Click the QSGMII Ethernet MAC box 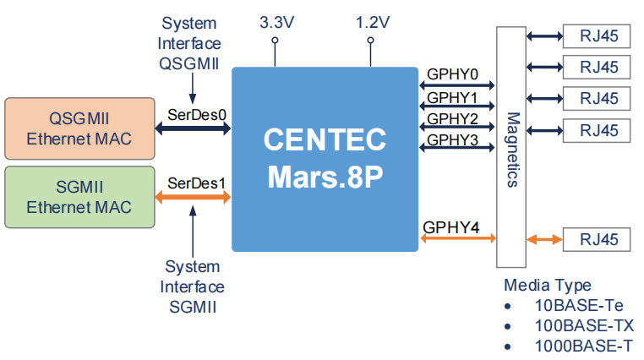(79, 128)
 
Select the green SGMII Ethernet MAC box (79, 196)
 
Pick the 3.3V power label (276, 24)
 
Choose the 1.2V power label (371, 24)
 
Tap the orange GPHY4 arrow (457, 240)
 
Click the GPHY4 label (451, 226)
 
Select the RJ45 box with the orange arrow (598, 240)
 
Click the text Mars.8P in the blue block (325, 177)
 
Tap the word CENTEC (325, 139)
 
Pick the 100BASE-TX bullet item (584, 325)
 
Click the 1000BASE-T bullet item (584, 346)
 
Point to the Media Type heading (548, 285)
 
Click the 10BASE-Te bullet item (584, 305)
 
